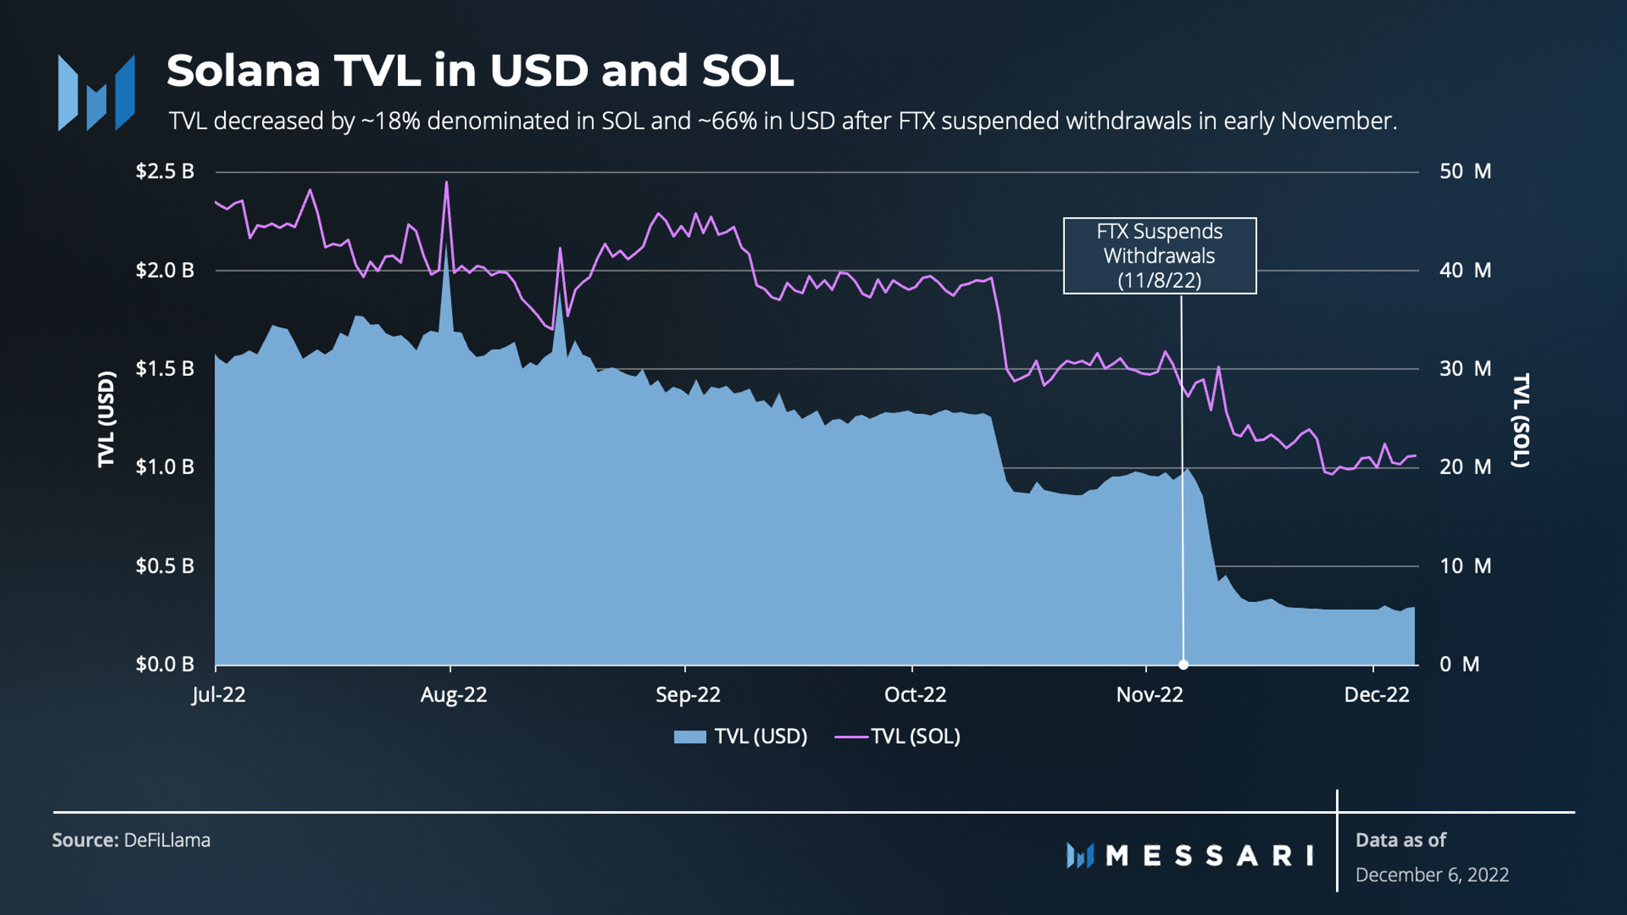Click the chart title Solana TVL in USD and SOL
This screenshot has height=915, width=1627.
click(x=479, y=71)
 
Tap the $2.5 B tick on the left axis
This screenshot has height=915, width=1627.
click(x=165, y=172)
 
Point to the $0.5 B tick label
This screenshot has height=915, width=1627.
click(x=165, y=566)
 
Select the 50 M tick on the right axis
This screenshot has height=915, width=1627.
click(x=1465, y=172)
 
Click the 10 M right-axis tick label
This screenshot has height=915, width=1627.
click(x=1465, y=566)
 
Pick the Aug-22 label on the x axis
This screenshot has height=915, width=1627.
click(x=453, y=695)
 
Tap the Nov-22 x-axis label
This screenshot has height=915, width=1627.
click(x=1149, y=695)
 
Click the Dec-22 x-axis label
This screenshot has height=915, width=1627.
click(x=1376, y=695)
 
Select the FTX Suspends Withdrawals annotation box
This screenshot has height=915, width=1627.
click(x=1159, y=256)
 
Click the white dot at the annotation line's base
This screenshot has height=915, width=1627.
click(x=1183, y=664)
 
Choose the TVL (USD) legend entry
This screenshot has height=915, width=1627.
click(x=741, y=737)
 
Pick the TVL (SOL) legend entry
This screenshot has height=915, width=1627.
click(x=898, y=737)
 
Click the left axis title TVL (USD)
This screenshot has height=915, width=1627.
click(x=107, y=419)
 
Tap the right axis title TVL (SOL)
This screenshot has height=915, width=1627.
click(x=1521, y=420)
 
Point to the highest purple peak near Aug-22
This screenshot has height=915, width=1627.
click(x=447, y=183)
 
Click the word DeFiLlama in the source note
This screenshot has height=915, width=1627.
click(x=167, y=840)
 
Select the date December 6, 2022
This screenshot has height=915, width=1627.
click(x=1432, y=875)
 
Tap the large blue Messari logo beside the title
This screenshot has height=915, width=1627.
click(x=96, y=93)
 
